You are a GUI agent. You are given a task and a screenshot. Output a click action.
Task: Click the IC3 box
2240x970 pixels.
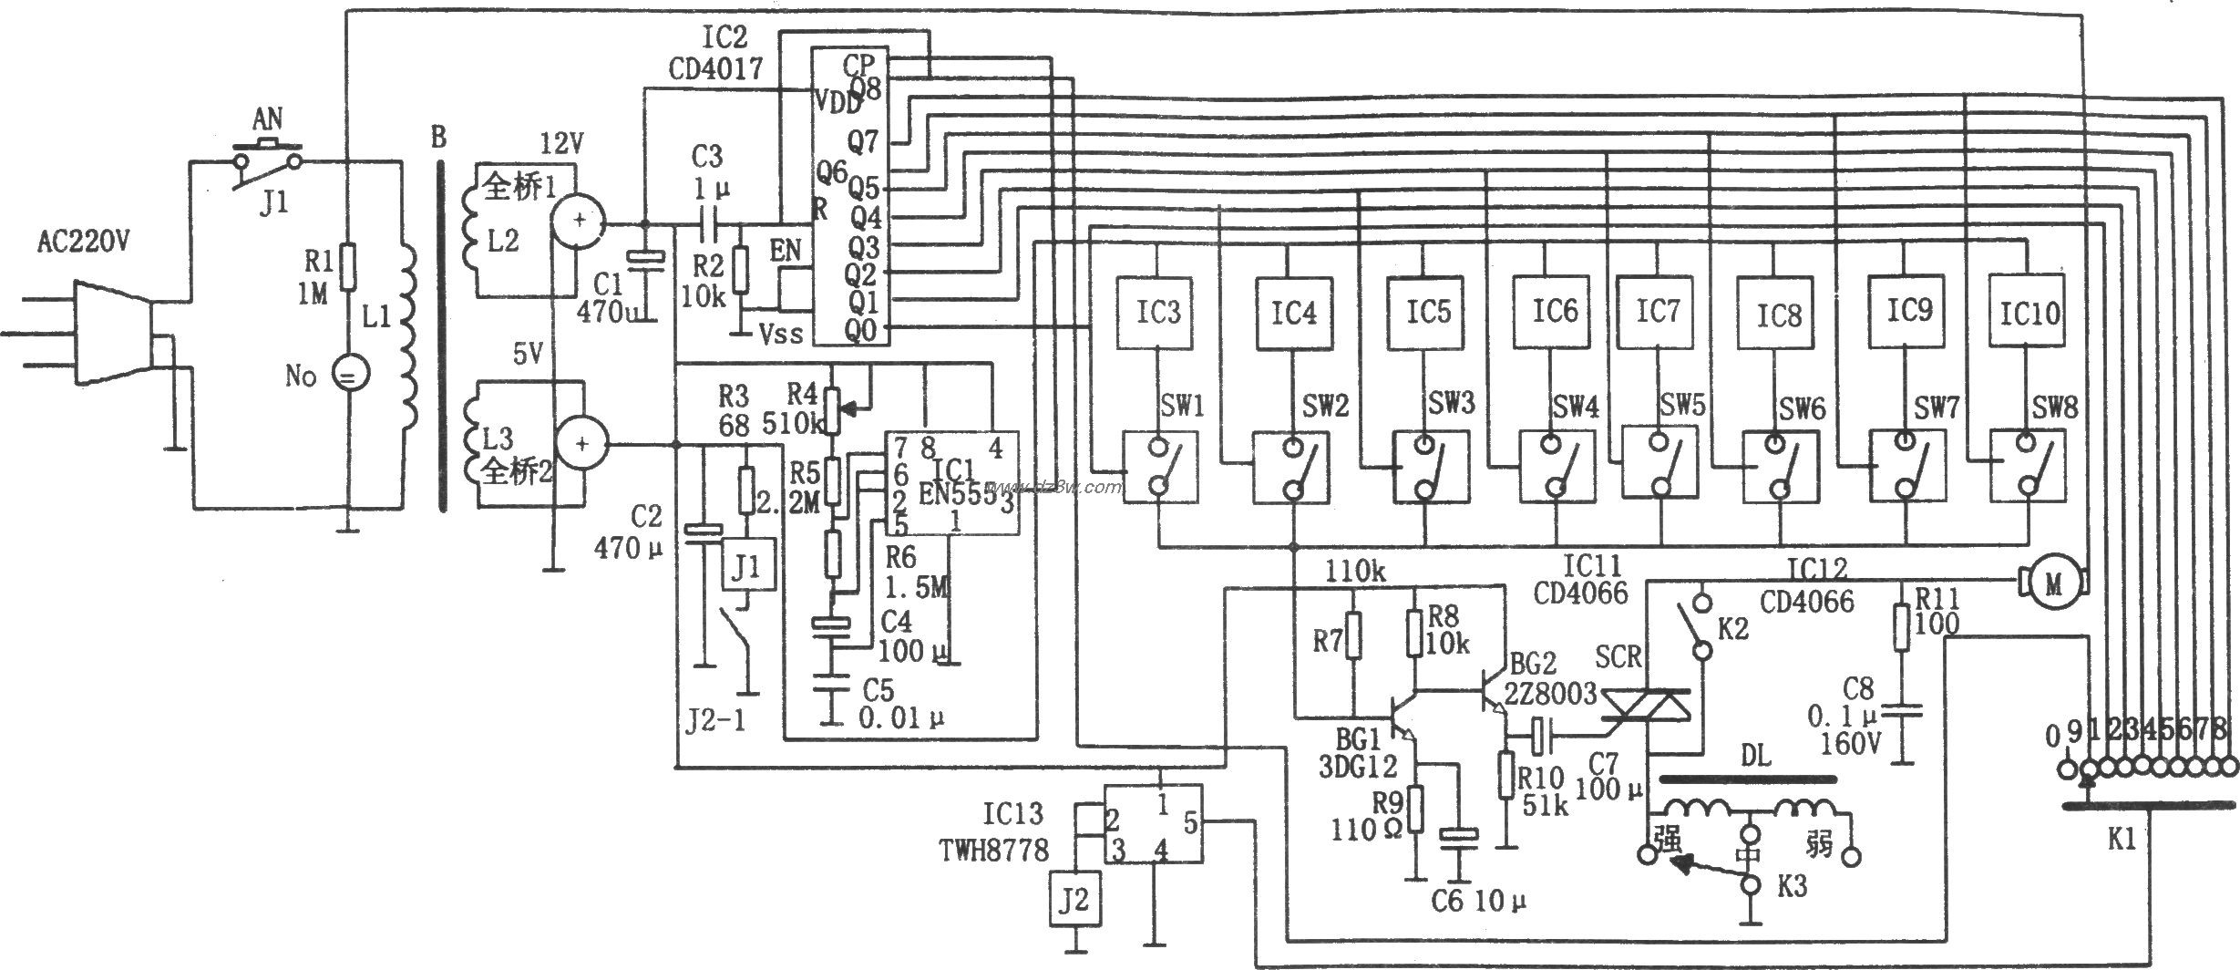pyautogui.click(x=1156, y=313)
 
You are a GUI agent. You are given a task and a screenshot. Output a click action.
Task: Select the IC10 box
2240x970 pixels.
pyautogui.click(x=2029, y=315)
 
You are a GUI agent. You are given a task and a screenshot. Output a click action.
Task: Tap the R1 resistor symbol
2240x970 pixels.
pyautogui.click(x=347, y=265)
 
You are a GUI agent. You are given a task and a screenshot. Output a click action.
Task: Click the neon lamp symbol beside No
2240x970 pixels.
pyautogui.click(x=347, y=375)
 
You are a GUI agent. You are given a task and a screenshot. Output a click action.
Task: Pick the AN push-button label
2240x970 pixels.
pyautogui.click(x=267, y=119)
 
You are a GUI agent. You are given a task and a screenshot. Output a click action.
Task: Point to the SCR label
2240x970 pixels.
pyautogui.click(x=1618, y=656)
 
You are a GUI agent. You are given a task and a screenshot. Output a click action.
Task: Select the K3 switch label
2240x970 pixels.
pyautogui.click(x=1792, y=887)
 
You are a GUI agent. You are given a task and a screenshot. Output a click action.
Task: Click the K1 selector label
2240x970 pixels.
pyautogui.click(x=2122, y=840)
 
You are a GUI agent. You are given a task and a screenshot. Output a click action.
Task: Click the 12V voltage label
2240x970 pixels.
pyautogui.click(x=563, y=143)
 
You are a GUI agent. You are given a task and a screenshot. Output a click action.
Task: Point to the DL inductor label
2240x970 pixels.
pyautogui.click(x=1756, y=756)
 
